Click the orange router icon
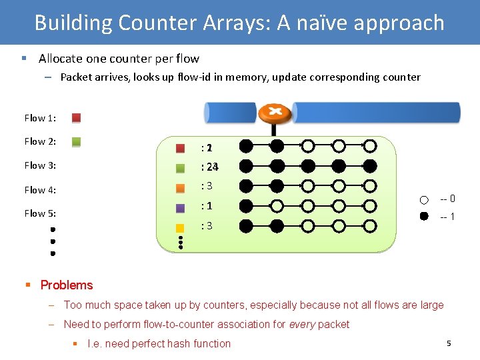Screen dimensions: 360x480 (275, 113)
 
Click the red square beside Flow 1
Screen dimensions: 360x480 (77, 118)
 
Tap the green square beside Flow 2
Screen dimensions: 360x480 (77, 141)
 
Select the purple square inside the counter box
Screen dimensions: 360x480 (180, 208)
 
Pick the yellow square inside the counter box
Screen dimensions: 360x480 (180, 228)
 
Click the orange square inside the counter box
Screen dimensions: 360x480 (180, 188)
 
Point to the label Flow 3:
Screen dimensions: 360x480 (40, 165)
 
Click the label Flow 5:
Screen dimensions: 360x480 (40, 213)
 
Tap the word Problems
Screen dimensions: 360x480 (67, 285)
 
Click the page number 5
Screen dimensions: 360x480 (449, 343)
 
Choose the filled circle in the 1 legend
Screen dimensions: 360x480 (425, 217)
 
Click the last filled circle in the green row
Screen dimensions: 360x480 (370, 166)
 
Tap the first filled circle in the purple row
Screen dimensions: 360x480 (246, 206)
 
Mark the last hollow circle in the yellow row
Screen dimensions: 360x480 (370, 226)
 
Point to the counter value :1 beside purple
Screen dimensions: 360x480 (207, 207)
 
